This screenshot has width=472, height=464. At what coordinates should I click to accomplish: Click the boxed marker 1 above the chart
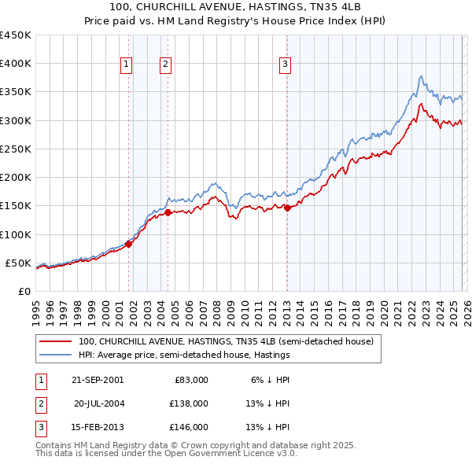(127, 65)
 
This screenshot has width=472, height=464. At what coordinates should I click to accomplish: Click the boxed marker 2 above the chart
(166, 65)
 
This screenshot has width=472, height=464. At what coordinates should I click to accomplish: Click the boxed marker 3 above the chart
(285, 65)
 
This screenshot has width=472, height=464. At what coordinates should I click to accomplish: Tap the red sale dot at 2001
(129, 244)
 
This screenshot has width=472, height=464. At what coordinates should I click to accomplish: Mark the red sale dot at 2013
(287, 208)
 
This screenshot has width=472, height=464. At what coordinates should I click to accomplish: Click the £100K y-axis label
(16, 234)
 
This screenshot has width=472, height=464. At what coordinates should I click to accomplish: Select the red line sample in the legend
(56, 341)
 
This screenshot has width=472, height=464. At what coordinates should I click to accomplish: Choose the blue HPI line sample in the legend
(56, 355)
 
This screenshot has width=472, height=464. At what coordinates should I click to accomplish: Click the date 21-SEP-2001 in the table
(98, 379)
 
